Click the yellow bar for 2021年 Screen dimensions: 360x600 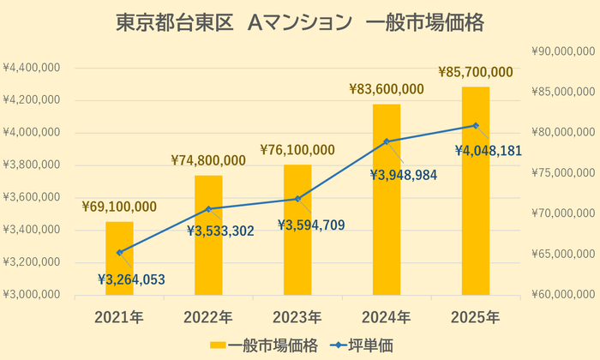point(119,258)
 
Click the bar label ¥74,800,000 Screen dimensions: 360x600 point(208,160)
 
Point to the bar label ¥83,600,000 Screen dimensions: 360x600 point(387,89)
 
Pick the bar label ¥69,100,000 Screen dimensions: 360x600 point(119,207)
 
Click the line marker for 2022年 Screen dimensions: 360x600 point(208,209)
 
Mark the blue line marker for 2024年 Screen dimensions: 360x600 point(387,141)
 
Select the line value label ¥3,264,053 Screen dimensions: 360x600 point(131,279)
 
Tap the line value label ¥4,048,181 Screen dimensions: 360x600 point(487,151)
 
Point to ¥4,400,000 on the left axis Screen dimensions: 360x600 point(32,68)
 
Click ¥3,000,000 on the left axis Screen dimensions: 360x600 point(32,295)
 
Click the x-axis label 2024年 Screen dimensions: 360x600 point(387,317)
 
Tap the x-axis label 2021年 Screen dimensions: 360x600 point(119,317)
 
